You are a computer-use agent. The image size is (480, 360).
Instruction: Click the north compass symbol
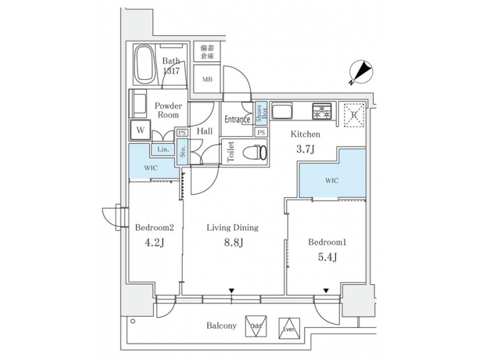tap(361, 72)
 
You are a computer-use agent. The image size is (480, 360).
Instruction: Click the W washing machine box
tap(140, 129)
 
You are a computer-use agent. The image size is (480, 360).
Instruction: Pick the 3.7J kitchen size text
tap(305, 150)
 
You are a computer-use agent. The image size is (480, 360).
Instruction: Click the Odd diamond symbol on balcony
tap(256, 326)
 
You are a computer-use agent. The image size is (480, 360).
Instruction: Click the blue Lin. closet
tap(162, 149)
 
